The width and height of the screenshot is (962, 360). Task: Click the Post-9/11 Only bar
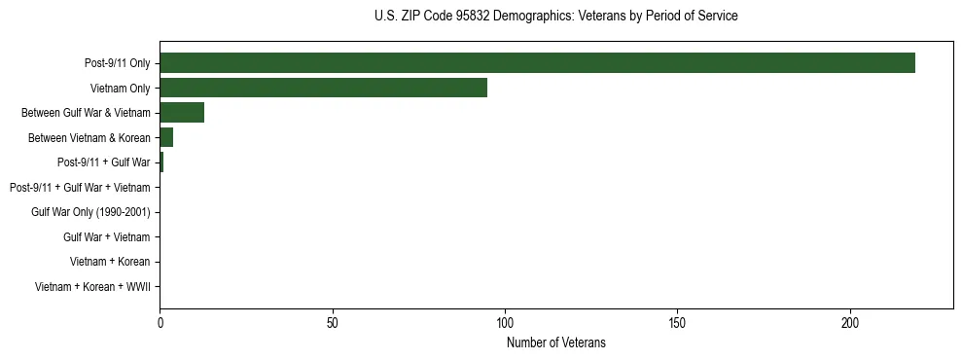537,63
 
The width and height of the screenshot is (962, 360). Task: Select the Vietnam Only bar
323,88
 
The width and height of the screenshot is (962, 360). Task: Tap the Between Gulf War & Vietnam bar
182,113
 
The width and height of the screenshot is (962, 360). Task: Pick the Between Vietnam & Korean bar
166,137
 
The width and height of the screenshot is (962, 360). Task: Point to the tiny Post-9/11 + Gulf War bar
161,162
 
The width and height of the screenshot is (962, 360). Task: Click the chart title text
555,17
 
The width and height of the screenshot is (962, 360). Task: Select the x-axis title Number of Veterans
555,342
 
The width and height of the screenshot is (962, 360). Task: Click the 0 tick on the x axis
160,321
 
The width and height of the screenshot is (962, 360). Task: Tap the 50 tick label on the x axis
333,321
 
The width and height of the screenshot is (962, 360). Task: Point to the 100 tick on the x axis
505,321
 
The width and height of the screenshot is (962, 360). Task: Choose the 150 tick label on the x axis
678,321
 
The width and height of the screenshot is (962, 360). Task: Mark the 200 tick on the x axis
850,321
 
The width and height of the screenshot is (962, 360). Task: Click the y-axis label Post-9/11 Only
118,63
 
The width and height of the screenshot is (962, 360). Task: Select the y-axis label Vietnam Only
120,88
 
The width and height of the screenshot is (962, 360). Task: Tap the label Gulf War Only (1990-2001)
90,212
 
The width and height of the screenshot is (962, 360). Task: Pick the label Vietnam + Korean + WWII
92,287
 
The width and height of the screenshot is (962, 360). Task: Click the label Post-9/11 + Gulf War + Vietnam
80,187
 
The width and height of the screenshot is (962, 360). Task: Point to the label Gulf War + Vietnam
107,236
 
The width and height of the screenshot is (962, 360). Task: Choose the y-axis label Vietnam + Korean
110,262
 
